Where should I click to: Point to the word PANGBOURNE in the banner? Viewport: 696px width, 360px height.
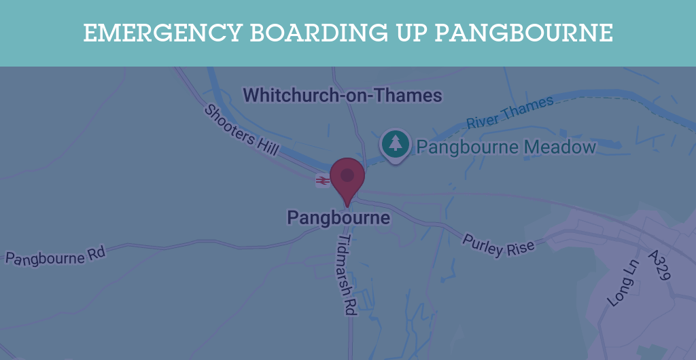tap(524, 33)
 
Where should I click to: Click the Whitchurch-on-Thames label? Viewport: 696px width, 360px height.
tap(343, 95)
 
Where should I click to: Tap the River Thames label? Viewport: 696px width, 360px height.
tap(510, 113)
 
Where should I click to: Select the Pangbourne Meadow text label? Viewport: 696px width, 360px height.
tap(506, 147)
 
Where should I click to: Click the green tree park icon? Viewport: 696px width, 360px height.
tap(396, 143)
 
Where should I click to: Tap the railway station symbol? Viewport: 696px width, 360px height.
tap(322, 181)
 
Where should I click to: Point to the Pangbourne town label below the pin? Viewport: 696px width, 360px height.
tap(338, 218)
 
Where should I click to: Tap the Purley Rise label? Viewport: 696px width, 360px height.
tap(498, 245)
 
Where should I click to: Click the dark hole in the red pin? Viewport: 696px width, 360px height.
tap(347, 175)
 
